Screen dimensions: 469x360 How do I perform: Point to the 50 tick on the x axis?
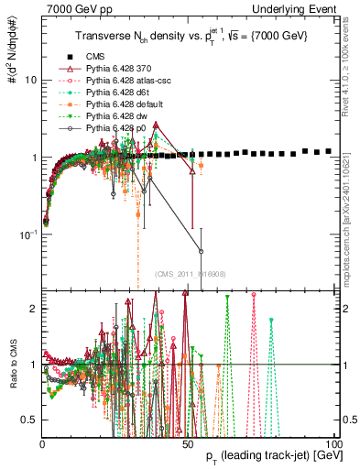(188, 443)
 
